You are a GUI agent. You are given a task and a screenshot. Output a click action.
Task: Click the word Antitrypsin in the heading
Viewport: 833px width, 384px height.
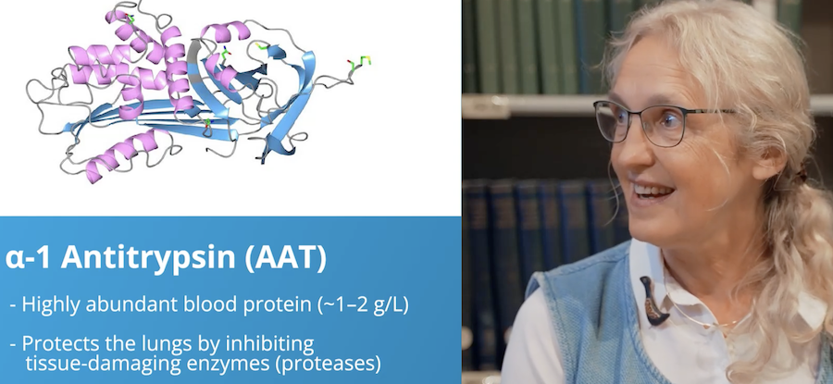tap(148, 257)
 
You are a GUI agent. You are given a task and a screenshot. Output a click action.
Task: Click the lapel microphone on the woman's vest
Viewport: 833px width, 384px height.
tap(653, 301)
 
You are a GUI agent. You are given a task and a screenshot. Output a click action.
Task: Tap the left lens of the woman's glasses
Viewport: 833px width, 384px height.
tap(612, 120)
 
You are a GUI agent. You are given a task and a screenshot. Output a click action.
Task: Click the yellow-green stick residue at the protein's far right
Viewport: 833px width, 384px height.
tap(359, 64)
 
